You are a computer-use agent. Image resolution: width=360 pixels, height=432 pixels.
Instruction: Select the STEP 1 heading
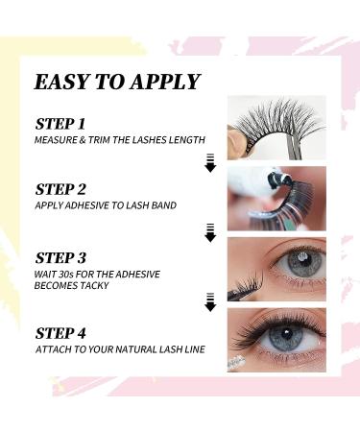(x=60, y=124)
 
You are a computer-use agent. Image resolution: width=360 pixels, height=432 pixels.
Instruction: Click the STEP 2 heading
(x=61, y=188)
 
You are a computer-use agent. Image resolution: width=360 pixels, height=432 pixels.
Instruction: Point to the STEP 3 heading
(x=61, y=257)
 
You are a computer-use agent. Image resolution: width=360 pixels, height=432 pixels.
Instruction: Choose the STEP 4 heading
(x=61, y=334)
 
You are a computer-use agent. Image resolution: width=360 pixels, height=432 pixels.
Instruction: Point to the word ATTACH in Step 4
(x=53, y=350)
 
